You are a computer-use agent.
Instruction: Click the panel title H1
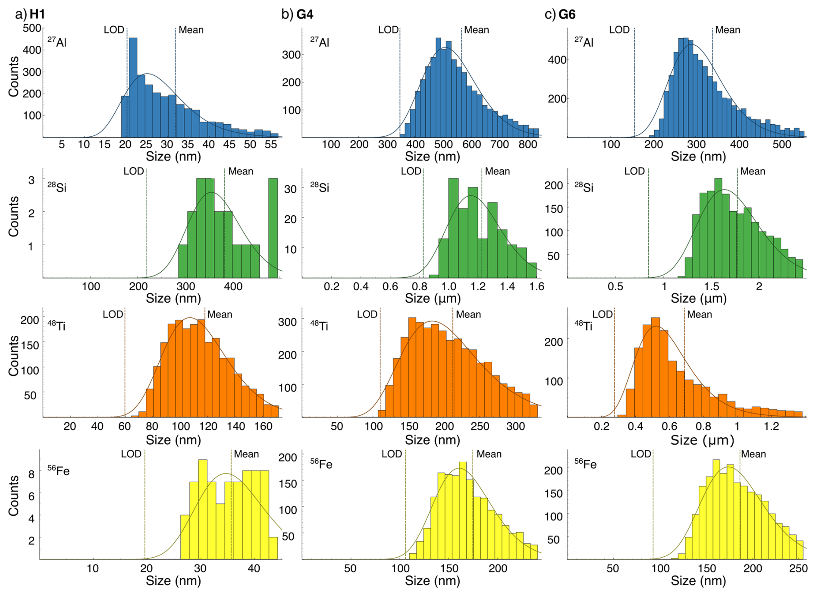tap(37, 14)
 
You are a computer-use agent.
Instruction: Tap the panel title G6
tap(567, 14)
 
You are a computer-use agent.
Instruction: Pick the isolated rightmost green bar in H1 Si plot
tap(273, 228)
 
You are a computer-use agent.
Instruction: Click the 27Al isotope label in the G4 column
tap(320, 42)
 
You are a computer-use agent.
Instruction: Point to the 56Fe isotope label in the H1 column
tap(58, 471)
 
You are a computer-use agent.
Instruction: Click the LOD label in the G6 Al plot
tap(619, 30)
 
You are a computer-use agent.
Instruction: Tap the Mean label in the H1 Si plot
tap(241, 171)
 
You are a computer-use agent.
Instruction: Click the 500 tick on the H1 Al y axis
tap(32, 28)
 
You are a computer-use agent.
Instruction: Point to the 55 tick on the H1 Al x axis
tap(271, 144)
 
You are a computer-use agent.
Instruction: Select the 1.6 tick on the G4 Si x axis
tap(537, 286)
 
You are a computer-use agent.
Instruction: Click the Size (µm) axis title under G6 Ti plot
tap(702, 440)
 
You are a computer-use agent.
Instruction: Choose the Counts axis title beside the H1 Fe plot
tap(14, 496)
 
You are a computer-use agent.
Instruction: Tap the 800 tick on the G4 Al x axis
tap(528, 144)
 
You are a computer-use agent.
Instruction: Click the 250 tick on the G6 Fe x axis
tap(798, 568)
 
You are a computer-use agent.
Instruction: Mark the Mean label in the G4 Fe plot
tap(489, 454)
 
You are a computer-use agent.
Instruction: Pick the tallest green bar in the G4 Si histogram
tap(453, 228)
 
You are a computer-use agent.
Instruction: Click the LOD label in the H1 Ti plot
tap(113, 314)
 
